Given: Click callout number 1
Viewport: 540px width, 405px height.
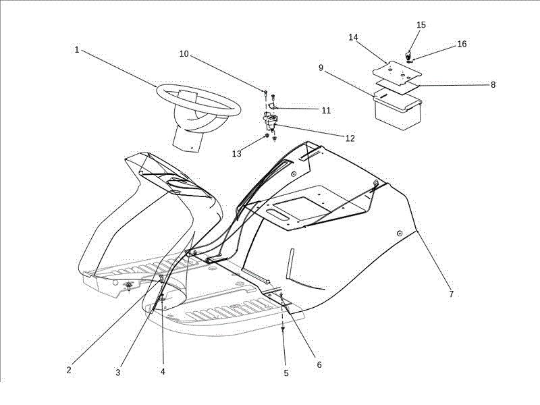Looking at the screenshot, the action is click(x=77, y=50).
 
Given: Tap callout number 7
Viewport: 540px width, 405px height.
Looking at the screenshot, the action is click(x=451, y=294).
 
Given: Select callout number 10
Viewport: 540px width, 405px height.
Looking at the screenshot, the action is click(x=184, y=54).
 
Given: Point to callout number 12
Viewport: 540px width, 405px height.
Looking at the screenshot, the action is click(x=350, y=138).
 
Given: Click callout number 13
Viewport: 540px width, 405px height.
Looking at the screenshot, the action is click(x=237, y=154).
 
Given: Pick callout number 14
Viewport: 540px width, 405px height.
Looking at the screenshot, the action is click(x=353, y=37).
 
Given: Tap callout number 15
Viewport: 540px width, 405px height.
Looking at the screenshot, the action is click(x=421, y=25).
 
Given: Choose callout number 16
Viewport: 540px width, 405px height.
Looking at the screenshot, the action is click(x=462, y=44).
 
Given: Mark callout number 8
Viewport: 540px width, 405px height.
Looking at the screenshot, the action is click(x=493, y=84).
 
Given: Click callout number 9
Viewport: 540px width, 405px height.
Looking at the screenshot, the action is click(x=321, y=67).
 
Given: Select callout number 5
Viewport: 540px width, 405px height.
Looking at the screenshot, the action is click(x=286, y=373).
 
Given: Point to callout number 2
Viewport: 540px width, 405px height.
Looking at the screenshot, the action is click(x=69, y=370).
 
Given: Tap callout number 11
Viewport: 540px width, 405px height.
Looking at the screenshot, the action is click(x=326, y=110).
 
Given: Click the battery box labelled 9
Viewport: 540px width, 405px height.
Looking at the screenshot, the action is click(x=398, y=109).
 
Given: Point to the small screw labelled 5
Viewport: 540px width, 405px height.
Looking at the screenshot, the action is click(x=283, y=329).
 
